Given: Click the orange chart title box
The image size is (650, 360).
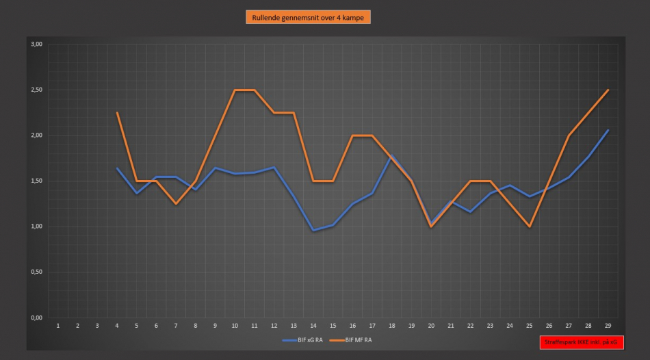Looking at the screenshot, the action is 308,17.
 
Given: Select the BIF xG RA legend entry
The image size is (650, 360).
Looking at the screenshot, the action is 302,340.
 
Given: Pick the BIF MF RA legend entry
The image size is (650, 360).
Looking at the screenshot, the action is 351,340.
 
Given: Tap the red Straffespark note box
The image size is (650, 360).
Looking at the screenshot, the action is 582,342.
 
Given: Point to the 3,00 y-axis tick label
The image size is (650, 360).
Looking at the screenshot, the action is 36,44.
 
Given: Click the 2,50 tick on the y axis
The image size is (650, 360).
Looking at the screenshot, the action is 36,90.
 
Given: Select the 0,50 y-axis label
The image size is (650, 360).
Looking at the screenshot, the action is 36,272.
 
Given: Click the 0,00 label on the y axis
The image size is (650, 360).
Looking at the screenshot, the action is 36,318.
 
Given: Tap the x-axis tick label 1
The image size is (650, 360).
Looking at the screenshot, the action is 58,326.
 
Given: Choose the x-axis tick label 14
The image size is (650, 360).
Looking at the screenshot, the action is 313,326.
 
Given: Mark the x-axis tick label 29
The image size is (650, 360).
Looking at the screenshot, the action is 608,326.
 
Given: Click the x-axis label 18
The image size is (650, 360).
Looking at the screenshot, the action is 392,326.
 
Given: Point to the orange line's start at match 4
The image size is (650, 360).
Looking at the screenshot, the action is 117,112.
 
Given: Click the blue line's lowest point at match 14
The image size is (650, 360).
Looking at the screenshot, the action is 313,230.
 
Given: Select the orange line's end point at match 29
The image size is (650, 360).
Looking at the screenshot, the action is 608,90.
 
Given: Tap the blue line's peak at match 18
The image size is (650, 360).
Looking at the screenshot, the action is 392,156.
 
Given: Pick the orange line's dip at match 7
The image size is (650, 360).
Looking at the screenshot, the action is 176,204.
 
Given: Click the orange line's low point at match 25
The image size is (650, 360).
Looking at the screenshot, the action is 530,227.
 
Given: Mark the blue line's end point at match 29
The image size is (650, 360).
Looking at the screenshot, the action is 608,130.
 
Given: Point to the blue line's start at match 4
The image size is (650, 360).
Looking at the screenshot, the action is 117,168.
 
